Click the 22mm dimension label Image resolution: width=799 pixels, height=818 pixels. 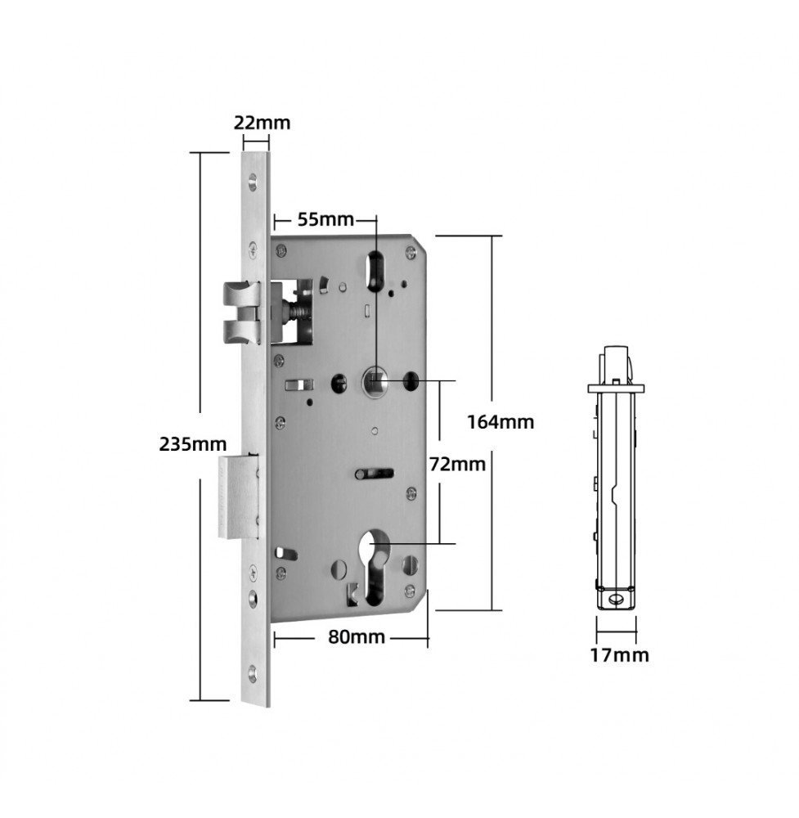click(262, 124)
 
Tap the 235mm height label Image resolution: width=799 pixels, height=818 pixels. click(193, 444)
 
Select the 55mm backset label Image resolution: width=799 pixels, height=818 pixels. click(326, 219)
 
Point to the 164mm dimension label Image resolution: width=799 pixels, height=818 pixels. click(500, 421)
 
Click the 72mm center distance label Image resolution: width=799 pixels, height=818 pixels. click(457, 464)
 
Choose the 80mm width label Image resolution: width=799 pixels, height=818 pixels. click(357, 637)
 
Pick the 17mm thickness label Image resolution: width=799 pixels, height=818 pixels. click(620, 654)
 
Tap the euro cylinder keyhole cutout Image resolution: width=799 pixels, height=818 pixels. click(375, 569)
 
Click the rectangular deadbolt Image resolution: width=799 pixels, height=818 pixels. click(238, 497)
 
